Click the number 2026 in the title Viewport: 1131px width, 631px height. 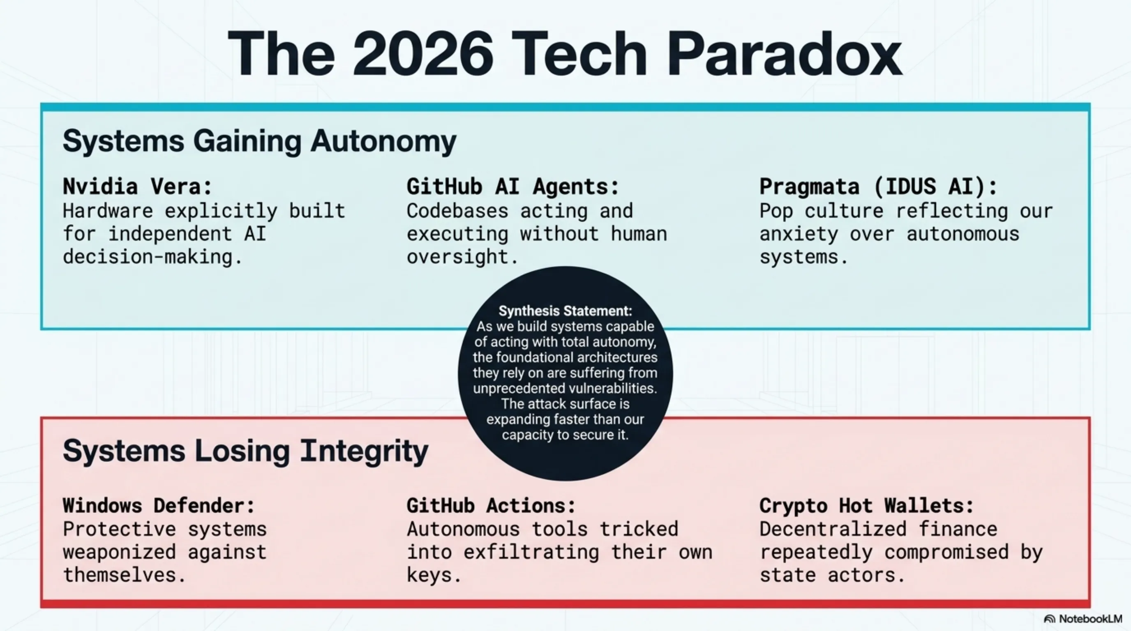coord(423,54)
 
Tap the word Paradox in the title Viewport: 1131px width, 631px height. coord(784,54)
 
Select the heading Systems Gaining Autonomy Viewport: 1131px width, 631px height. coord(259,141)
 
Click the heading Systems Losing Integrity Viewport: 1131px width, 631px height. coord(245,451)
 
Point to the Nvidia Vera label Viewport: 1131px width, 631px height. coord(137,187)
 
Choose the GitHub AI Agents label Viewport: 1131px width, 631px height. coord(513,187)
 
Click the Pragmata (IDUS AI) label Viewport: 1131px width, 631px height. coord(879,187)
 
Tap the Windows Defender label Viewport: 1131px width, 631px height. coord(159,506)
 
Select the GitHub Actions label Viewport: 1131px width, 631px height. coord(491,506)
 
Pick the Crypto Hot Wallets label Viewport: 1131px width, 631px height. coord(867,506)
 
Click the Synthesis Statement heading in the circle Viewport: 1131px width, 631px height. coord(565,311)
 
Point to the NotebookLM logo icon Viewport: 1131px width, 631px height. coord(1049,619)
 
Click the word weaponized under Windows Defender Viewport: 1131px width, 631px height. coord(120,552)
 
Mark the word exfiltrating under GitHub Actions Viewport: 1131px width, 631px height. coord(531,552)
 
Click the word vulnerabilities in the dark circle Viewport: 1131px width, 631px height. coord(613,389)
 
